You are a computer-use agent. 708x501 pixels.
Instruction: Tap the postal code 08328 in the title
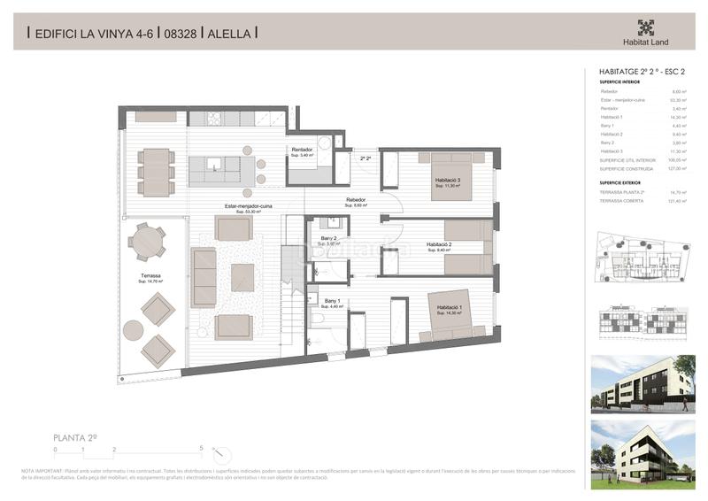tap(181, 34)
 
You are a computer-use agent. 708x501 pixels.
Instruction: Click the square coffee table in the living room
tap(242, 277)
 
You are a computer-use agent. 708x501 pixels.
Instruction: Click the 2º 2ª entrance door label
tap(366, 159)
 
